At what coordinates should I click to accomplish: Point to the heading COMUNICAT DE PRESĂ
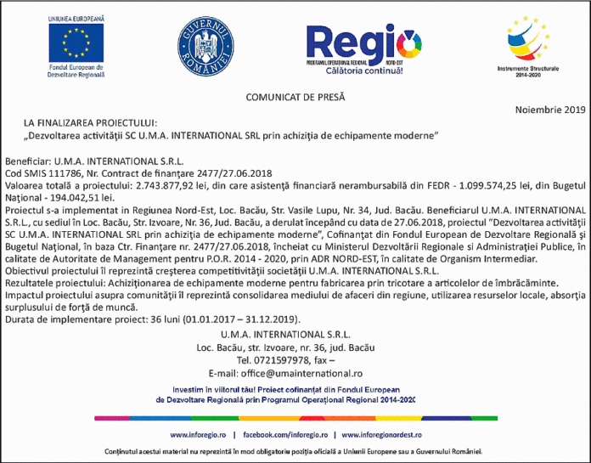pyautogui.click(x=295, y=98)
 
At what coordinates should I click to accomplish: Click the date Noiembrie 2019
pyautogui.click(x=550, y=110)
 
